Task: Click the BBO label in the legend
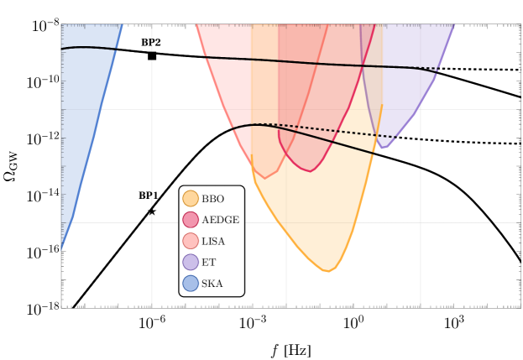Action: click(x=212, y=199)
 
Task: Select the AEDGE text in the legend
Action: click(x=220, y=220)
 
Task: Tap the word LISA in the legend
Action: click(x=213, y=242)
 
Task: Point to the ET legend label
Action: click(x=208, y=263)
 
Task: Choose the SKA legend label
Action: click(x=212, y=284)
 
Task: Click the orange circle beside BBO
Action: click(x=191, y=199)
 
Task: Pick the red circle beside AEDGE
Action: click(x=191, y=220)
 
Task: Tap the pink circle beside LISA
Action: click(x=191, y=242)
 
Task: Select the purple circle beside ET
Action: click(x=191, y=263)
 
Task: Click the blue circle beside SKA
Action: click(x=191, y=284)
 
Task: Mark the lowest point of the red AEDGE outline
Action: click(x=311, y=171)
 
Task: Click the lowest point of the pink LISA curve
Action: click(x=266, y=178)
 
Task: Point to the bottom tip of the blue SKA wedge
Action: click(x=61, y=250)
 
